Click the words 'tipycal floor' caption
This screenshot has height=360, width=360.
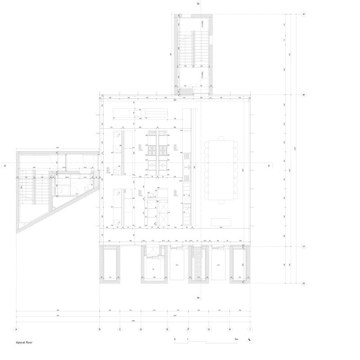point(24,342)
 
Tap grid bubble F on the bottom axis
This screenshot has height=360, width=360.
point(188,329)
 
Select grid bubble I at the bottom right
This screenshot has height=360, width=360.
point(250,329)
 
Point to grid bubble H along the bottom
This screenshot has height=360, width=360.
point(229,329)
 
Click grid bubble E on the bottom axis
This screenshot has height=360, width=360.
point(167,329)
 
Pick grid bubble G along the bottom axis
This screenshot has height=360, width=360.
point(209,329)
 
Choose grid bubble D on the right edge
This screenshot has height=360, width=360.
point(304,283)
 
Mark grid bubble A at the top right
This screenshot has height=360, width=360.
point(304,14)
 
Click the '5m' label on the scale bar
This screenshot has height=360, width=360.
point(236,339)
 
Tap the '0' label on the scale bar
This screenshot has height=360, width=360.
point(175,339)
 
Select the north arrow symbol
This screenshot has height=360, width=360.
point(250,341)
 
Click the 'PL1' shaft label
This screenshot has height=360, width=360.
point(177,265)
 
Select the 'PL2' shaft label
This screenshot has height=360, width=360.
point(218,265)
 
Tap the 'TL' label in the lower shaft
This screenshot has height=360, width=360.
point(153,269)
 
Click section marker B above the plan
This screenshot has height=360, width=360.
point(198,4)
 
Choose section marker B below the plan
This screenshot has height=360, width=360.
point(198,298)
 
